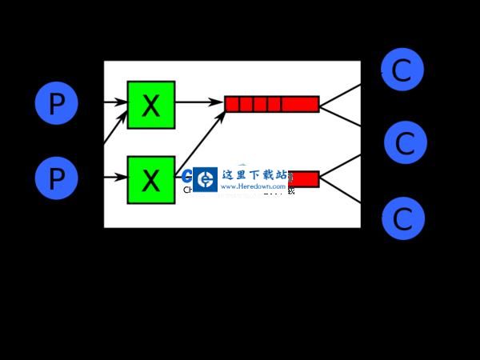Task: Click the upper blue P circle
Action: pos(56,104)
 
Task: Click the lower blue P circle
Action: pos(56,178)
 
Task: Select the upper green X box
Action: pos(150,104)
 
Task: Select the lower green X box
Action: pos(150,179)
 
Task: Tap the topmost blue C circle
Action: pos(402,70)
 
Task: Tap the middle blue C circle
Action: pos(405,143)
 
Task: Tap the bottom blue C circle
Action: pos(402,218)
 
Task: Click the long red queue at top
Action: pos(271,104)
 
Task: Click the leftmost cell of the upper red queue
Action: pos(232,104)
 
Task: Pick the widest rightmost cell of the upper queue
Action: pos(300,104)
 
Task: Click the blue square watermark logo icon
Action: pos(206,179)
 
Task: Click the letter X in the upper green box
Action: pos(150,105)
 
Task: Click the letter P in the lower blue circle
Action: pos(56,178)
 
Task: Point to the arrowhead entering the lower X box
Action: pos(123,178)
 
